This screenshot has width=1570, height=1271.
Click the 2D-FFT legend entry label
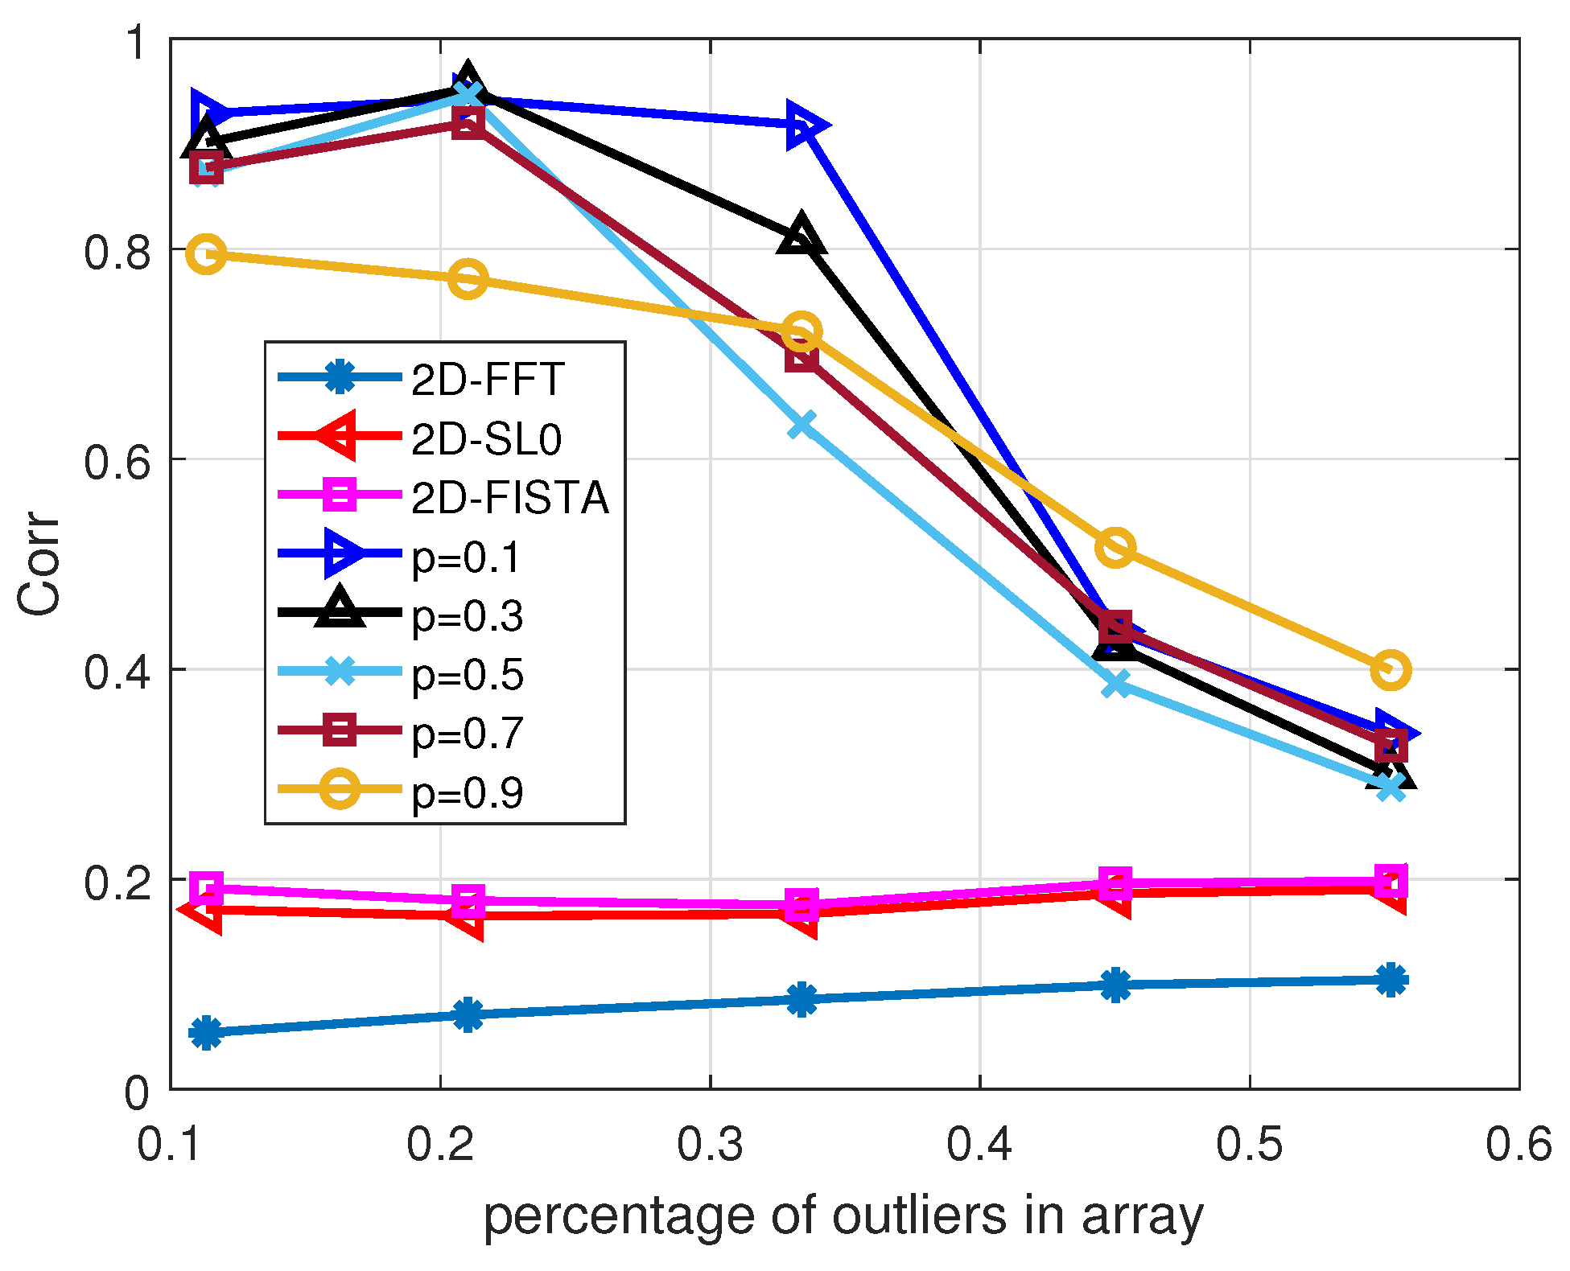coord(487,380)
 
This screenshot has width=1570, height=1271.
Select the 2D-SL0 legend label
coord(485,439)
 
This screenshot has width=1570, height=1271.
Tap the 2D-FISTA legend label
coord(509,498)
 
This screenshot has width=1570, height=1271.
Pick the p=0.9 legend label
coord(467,793)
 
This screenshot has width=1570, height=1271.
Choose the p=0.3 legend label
coord(467,616)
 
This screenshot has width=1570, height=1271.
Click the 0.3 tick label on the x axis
coord(710,1144)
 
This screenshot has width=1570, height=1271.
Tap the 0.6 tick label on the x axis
coord(1518,1144)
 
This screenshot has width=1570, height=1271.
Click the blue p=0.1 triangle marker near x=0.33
coord(803,126)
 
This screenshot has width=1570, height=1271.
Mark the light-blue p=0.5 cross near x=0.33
coord(801,425)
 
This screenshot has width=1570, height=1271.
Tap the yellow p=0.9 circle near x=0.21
coord(468,279)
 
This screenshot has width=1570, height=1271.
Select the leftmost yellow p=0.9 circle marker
coord(207,254)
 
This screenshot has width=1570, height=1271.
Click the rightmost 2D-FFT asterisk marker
coord(1391,980)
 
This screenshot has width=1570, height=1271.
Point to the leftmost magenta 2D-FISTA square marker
coord(207,889)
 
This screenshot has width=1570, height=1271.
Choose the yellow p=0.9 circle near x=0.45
coord(1115,547)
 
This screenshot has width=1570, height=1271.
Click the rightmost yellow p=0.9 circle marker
coord(1391,669)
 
